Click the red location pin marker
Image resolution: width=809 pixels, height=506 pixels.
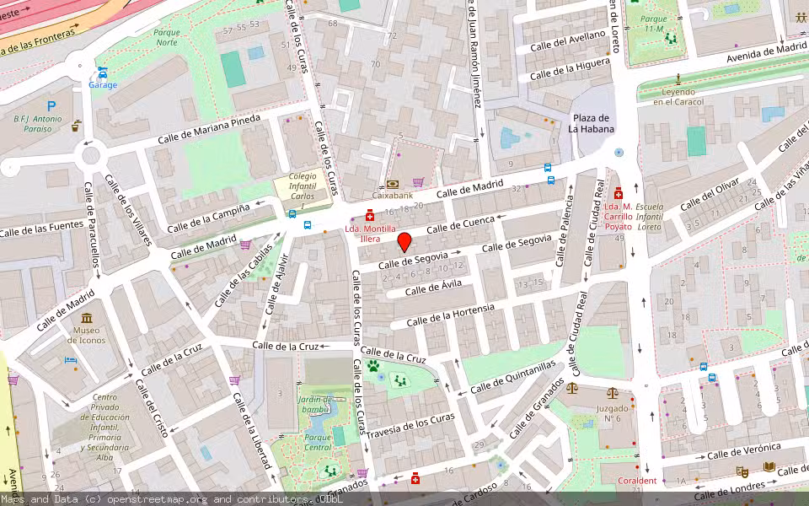point(404,242)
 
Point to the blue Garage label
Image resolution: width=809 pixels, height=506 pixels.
point(103,85)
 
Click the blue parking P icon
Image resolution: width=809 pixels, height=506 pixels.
point(51,106)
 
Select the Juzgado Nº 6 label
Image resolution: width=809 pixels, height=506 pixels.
point(613,412)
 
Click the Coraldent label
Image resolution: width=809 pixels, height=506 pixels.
point(636,481)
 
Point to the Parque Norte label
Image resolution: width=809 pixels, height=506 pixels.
point(167,37)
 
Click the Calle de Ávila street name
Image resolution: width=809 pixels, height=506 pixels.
point(433,289)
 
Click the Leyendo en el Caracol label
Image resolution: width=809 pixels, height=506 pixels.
point(678,96)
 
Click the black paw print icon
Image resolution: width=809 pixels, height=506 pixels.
point(372,366)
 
